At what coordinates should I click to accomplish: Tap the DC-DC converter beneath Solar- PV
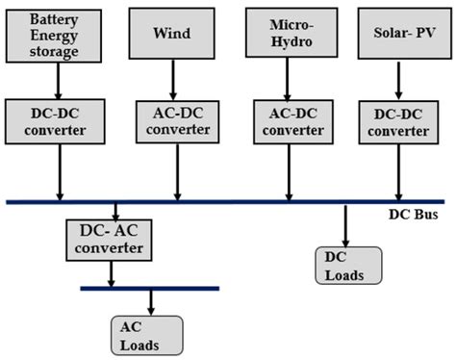point(400,120)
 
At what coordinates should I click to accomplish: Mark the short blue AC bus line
point(149,288)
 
